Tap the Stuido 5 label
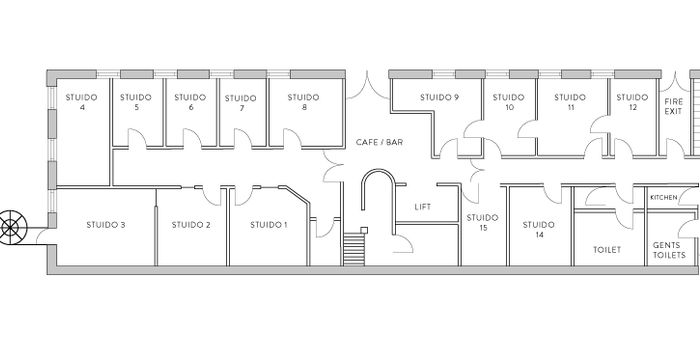135,102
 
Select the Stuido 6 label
190,102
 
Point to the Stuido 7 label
241,103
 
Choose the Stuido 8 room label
302,102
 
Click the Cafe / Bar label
379,142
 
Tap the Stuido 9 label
439,97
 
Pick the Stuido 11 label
570,102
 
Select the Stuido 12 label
632,102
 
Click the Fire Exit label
673,107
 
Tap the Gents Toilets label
669,250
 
